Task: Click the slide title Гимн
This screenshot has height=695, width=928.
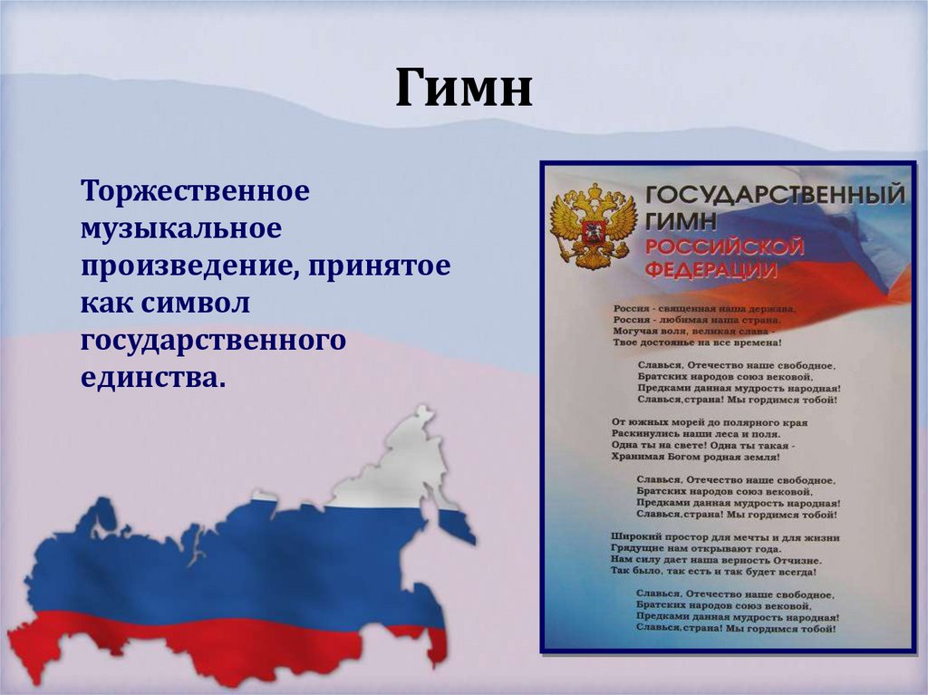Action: point(463,91)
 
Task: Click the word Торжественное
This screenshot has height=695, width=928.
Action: point(196,192)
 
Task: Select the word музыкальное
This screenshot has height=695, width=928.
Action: point(181,230)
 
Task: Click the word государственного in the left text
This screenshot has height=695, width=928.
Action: point(214,343)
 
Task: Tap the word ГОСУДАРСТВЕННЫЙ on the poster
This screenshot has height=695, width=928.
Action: point(774,195)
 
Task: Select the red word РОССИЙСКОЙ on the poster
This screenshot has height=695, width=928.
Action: point(724,247)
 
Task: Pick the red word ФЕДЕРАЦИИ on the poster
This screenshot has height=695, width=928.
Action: point(710,271)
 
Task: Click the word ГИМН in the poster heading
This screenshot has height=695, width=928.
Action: point(681,220)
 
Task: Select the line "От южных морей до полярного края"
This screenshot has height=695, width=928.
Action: point(710,422)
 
